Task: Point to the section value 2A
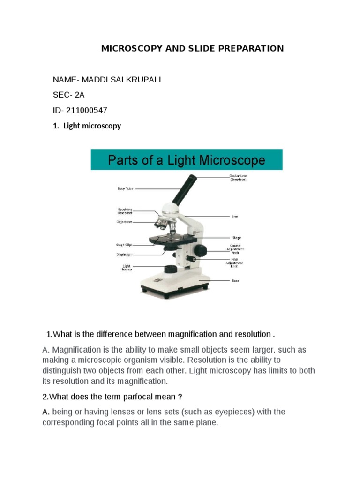(79, 95)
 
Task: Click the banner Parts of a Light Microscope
(187, 160)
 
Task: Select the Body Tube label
(125, 189)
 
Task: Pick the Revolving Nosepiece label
(125, 211)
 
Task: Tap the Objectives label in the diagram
(125, 222)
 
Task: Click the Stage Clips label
(124, 245)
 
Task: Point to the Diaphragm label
(124, 255)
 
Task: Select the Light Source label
(127, 268)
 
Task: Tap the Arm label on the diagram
(234, 217)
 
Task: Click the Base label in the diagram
(235, 281)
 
